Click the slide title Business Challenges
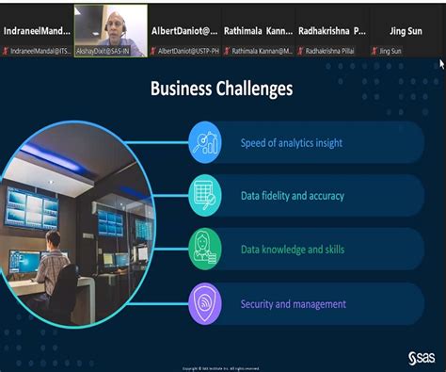coord(221,89)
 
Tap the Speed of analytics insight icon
coord(205,143)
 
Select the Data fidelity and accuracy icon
coord(205,196)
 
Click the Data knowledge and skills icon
coord(205,250)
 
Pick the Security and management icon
coord(205,303)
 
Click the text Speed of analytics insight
coord(291,143)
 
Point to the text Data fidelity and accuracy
coord(292,196)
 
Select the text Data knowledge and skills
coord(292,250)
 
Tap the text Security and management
coord(293,303)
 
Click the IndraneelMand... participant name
coord(37,30)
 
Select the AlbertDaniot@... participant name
coord(184,30)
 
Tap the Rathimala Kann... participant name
coord(258,30)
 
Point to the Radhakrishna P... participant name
coord(331,30)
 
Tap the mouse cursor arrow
coord(441,65)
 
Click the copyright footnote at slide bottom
coord(221,367)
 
